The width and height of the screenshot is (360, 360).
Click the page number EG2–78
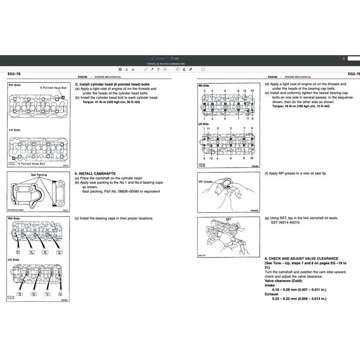click(x=14, y=74)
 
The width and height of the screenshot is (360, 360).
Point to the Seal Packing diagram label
click(x=39, y=175)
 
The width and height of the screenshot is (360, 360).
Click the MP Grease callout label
click(x=205, y=182)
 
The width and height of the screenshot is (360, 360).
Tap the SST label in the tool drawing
click(x=228, y=219)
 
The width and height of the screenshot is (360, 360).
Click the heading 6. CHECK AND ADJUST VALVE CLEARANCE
click(x=301, y=258)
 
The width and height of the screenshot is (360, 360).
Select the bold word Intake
click(x=270, y=285)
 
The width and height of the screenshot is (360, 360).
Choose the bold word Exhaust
click(x=271, y=294)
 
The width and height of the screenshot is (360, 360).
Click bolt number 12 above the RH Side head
click(x=245, y=91)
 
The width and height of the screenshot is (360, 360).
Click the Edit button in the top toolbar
click(x=175, y=58)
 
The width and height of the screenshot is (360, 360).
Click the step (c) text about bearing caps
click(x=114, y=218)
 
